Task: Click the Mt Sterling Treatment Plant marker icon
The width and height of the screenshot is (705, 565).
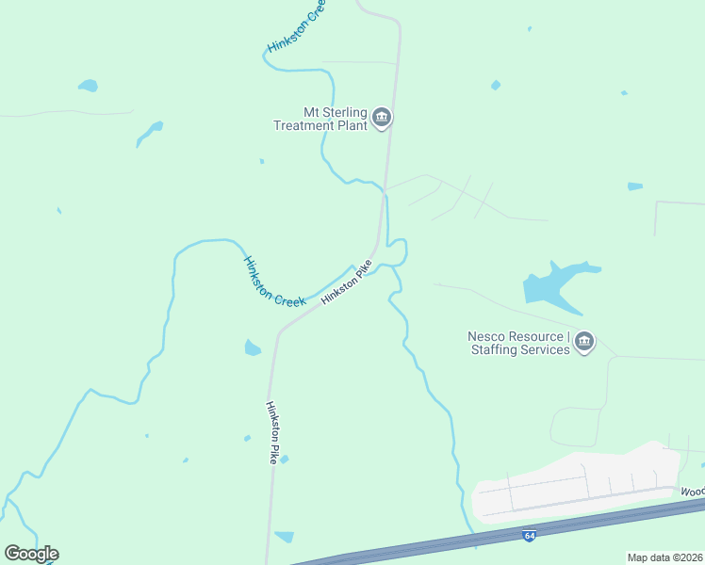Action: click(x=382, y=118)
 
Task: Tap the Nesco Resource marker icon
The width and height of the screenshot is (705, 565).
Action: click(x=584, y=341)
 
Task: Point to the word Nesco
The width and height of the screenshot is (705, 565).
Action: click(x=488, y=336)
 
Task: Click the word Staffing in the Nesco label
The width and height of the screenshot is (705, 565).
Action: click(x=496, y=349)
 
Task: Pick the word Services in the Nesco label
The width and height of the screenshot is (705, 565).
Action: click(x=548, y=349)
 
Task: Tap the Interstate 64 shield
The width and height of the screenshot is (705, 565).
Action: click(x=530, y=536)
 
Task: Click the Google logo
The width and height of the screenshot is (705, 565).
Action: click(x=31, y=554)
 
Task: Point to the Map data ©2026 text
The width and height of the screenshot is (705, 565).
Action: click(x=665, y=557)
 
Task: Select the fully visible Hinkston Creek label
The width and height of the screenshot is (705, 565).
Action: click(x=274, y=281)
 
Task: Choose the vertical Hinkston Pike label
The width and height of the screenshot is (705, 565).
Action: click(x=271, y=432)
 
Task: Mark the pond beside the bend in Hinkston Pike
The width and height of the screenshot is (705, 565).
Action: click(x=252, y=348)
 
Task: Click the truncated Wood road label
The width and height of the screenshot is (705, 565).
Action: click(x=693, y=492)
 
